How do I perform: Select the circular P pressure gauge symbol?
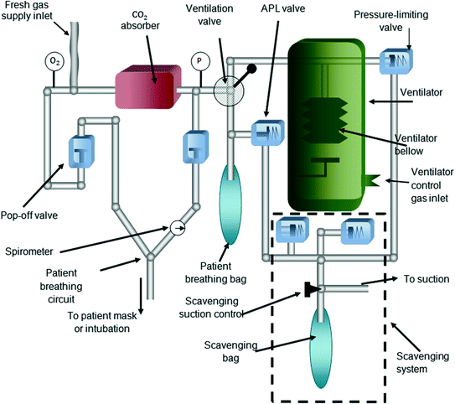[x=198, y=62]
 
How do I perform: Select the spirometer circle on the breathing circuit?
[x=177, y=227]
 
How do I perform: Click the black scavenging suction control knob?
[x=310, y=290]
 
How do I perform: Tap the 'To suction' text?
[x=427, y=279]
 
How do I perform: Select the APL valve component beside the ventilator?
[x=270, y=132]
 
